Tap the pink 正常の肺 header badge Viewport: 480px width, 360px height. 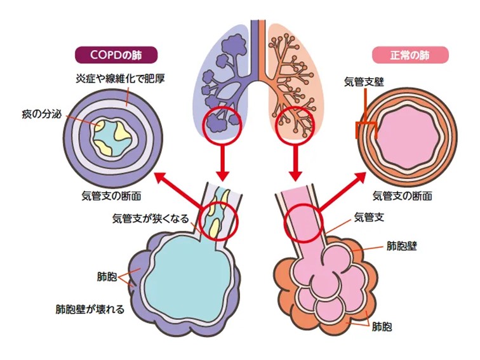pos(410,55)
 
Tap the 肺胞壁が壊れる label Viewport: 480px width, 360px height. pos(90,310)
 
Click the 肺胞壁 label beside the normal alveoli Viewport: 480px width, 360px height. pos(401,244)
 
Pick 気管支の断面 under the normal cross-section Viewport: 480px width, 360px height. pos(402,196)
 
